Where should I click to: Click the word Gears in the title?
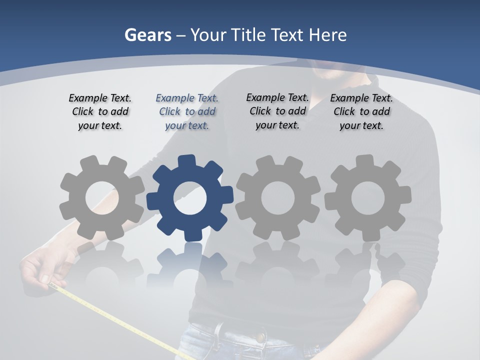click(x=147, y=35)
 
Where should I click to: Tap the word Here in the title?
click(x=327, y=35)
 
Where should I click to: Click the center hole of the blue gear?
click(x=189, y=198)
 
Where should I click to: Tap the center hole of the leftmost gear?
click(x=101, y=198)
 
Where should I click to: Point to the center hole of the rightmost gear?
click(x=367, y=198)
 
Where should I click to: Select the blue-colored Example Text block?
click(x=187, y=111)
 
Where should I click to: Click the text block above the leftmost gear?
click(x=100, y=111)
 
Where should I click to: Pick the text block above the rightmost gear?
click(x=361, y=111)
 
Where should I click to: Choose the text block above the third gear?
click(x=277, y=111)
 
